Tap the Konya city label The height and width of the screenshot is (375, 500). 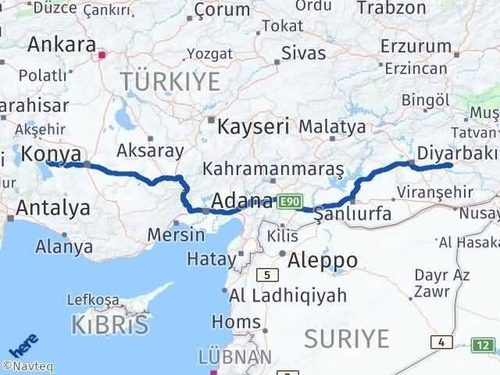point(52,153)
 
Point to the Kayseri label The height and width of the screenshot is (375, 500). point(253,125)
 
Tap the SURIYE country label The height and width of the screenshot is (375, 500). point(346,338)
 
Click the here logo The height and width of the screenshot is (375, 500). point(23,348)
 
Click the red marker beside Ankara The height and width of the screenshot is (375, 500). point(102,55)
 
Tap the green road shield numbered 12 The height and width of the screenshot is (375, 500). point(484,344)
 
